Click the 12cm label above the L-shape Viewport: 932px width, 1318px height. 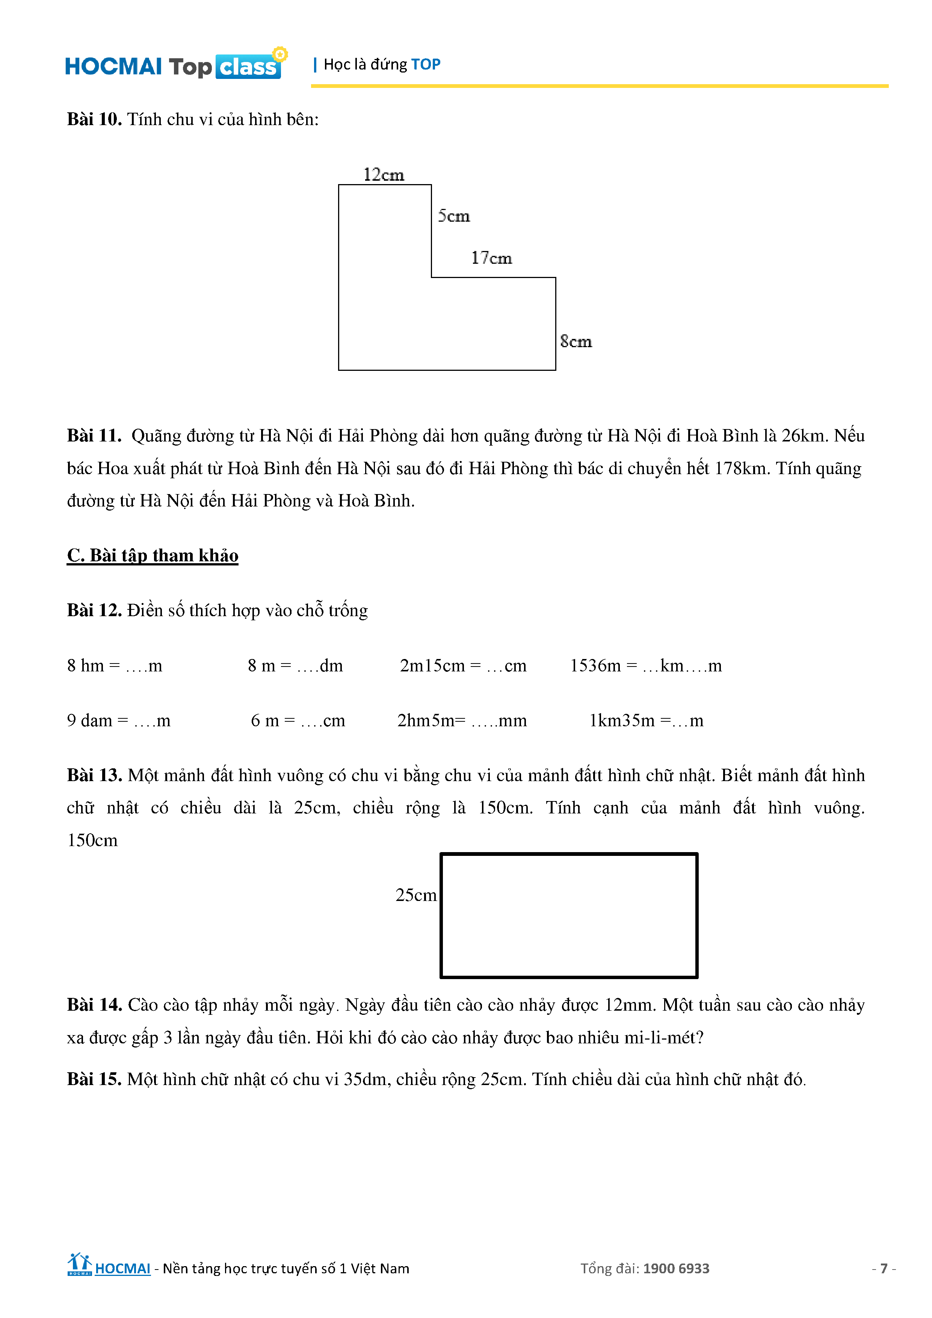tap(384, 174)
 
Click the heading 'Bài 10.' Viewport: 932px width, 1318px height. tap(94, 119)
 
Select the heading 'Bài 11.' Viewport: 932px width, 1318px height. tap(94, 436)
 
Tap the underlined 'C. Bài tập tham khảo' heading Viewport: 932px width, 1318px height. tap(153, 556)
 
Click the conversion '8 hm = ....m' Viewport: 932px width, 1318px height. tap(115, 666)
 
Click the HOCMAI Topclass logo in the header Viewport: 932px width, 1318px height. tap(175, 65)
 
